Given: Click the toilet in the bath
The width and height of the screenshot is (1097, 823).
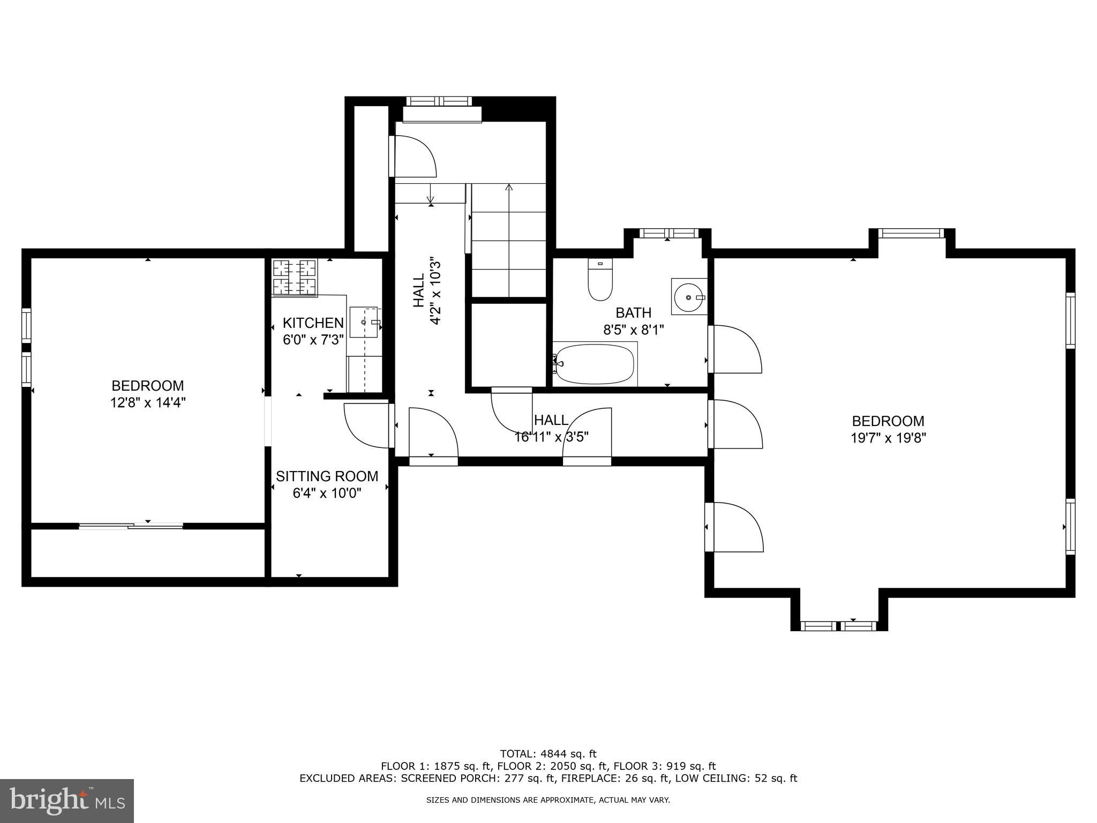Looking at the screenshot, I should [600, 280].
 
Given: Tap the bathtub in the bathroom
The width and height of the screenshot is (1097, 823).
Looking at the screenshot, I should [595, 364].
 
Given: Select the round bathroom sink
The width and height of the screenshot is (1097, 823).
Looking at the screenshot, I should [689, 296].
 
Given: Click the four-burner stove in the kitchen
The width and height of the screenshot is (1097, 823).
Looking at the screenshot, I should [294, 276].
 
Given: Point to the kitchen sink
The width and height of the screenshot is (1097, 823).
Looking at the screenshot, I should [364, 322].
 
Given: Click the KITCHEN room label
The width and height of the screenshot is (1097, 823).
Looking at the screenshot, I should [313, 323].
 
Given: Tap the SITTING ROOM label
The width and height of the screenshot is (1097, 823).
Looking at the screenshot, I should [327, 476].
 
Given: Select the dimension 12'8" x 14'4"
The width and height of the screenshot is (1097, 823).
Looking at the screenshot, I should [148, 402].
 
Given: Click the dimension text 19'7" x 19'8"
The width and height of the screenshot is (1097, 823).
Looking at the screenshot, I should [888, 438].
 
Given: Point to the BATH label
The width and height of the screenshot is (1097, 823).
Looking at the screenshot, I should [633, 312].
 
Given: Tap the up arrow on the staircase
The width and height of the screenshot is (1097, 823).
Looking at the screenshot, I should [509, 188].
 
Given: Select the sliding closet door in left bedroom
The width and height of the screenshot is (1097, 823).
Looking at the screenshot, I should [131, 526].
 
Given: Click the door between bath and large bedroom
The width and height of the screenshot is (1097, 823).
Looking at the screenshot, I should [734, 349].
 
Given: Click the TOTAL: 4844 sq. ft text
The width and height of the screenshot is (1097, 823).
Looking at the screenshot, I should [548, 754].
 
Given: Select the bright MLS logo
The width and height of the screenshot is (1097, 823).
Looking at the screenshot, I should [66, 801].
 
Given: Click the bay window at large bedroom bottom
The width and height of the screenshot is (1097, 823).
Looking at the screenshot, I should [839, 626].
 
